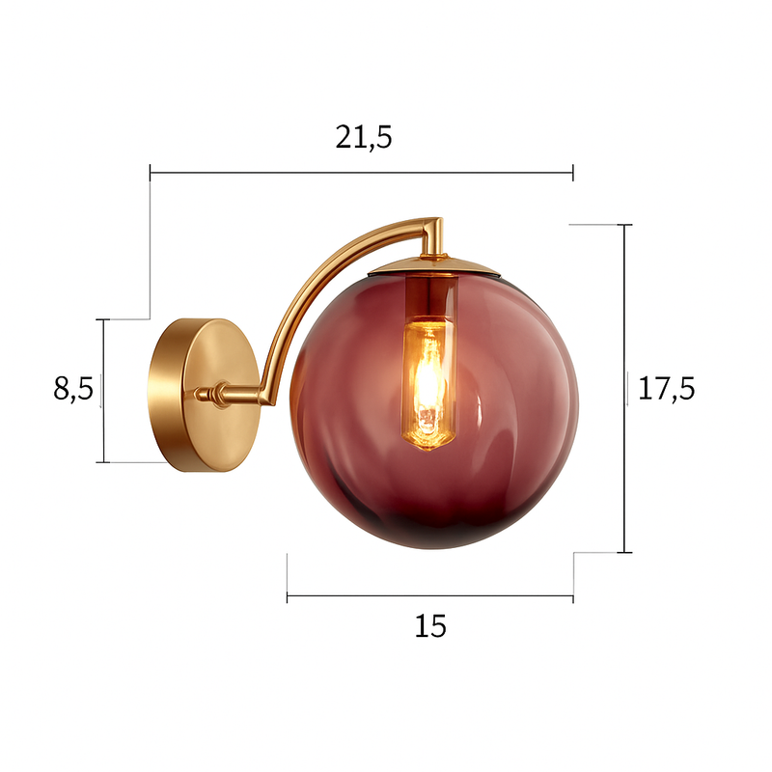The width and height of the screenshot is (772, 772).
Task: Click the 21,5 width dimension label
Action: pos(364,138)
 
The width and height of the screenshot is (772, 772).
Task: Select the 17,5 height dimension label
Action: pos(667,388)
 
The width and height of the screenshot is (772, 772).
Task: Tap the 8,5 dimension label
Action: pos(72,389)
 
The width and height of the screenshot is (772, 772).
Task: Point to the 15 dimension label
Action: pos(430,626)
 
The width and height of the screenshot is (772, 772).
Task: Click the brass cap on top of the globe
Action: pos(434,264)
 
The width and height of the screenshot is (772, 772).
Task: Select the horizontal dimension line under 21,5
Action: pos(362,173)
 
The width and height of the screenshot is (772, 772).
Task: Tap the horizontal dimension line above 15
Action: pos(430,596)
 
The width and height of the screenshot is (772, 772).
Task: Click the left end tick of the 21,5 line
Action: pos(151,173)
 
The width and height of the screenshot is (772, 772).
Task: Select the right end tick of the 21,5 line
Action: pos(573,173)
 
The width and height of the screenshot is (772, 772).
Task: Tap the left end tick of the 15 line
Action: pos(288,596)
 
